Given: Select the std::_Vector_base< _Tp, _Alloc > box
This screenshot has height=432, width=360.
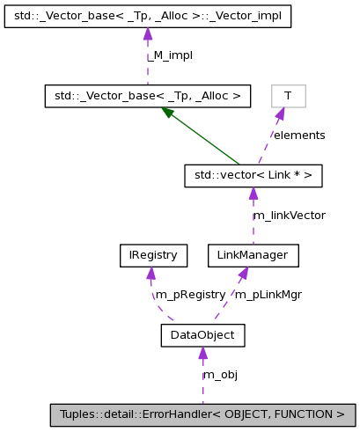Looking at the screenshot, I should click(147, 96).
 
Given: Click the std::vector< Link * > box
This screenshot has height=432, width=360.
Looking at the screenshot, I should click(253, 176).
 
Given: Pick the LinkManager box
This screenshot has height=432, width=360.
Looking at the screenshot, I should click(253, 255).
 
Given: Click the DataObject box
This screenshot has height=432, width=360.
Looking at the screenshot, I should click(202, 334).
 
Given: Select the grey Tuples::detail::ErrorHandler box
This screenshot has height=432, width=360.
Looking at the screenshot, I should click(202, 414).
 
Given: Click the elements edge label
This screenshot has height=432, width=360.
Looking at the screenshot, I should click(298, 135).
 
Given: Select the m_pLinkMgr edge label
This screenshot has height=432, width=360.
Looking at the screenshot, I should click(268, 295).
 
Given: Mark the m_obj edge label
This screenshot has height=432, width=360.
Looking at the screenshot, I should click(220, 374).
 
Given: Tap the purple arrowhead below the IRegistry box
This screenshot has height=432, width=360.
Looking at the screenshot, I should click(151, 273).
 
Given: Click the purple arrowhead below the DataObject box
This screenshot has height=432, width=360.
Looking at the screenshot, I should click(202, 353).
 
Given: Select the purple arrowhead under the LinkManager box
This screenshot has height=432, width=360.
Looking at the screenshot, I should click(244, 273).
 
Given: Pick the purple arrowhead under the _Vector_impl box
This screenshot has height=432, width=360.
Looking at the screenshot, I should click(147, 33).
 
